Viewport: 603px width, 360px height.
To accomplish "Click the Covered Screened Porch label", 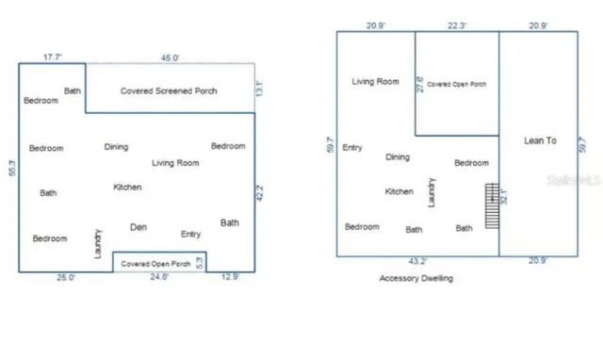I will [x=169, y=91].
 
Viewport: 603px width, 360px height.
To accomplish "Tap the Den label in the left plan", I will [x=139, y=226].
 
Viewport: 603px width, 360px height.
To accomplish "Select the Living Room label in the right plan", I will [x=375, y=82].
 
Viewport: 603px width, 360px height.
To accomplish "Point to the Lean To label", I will [x=540, y=140].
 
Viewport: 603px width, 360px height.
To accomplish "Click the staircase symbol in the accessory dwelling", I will [x=490, y=205].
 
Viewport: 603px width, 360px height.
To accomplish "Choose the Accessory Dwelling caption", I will [x=416, y=279].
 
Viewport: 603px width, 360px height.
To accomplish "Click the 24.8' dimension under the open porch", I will [x=159, y=278].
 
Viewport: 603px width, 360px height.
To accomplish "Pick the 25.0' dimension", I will [x=65, y=278].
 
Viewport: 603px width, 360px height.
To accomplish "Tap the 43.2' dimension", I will [x=417, y=261].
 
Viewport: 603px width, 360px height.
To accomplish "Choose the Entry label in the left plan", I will [x=190, y=234].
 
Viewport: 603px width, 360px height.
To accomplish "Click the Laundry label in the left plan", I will [x=98, y=243].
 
